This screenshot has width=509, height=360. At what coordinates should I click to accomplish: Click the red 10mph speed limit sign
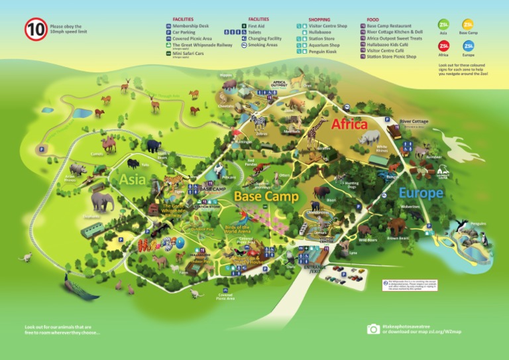tap(36, 30)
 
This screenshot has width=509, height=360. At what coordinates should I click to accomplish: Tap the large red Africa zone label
tap(349, 124)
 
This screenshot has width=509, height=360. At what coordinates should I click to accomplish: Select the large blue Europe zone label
tap(420, 193)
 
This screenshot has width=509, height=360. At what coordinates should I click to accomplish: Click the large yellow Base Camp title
tap(266, 196)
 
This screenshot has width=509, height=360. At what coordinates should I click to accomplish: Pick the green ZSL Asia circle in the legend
tap(443, 25)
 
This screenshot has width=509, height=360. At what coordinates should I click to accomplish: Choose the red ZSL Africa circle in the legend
tap(443, 46)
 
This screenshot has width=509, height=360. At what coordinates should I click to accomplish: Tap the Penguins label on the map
tap(478, 223)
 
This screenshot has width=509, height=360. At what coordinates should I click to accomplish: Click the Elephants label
tap(92, 216)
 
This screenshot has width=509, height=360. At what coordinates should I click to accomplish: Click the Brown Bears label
tap(398, 238)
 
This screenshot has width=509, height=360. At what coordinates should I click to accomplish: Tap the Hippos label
tap(225, 75)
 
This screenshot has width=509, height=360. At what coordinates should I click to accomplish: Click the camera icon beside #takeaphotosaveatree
tap(373, 329)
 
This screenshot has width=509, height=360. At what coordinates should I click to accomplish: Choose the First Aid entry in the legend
tap(258, 26)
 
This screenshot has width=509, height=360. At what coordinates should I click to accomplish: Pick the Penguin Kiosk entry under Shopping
tap(322, 52)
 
